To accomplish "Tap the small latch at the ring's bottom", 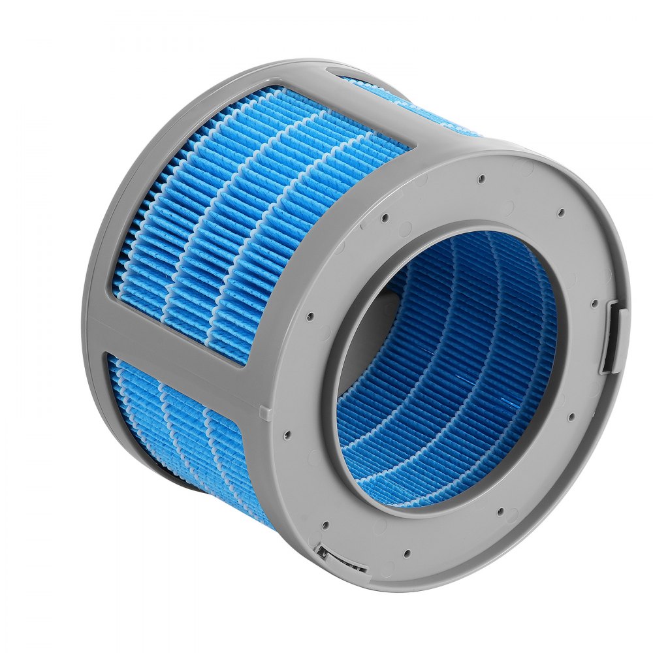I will click(x=332, y=556).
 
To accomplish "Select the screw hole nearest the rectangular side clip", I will click(x=594, y=304).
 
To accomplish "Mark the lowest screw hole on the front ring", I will click(x=407, y=553).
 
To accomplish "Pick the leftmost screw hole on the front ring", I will click(x=310, y=316).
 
